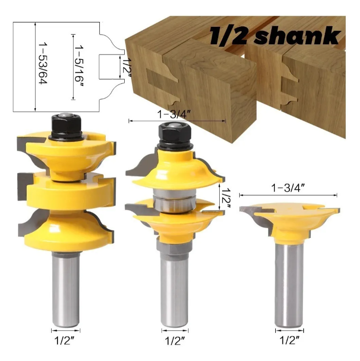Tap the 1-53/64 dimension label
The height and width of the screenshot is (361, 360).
43,63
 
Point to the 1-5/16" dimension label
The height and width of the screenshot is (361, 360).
79,65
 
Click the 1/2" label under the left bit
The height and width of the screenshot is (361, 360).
65,341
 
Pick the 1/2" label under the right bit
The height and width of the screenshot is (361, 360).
289,340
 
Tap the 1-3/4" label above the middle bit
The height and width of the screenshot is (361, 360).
174,114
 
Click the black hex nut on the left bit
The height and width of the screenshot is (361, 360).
66,126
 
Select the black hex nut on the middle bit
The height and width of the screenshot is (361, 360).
175,135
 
